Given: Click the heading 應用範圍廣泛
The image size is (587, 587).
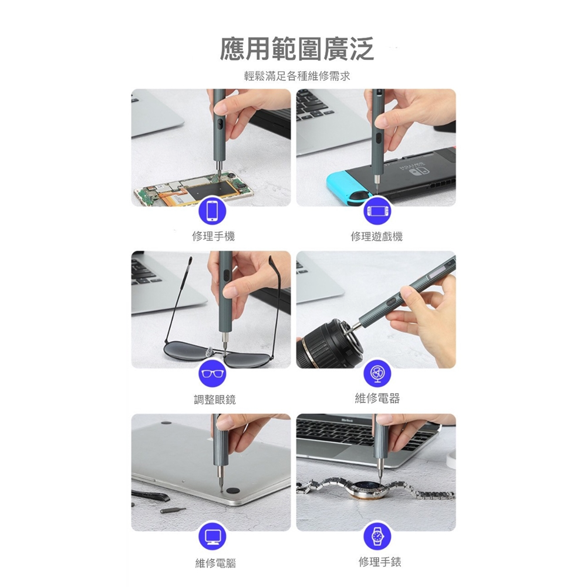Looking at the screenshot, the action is pyautogui.click(x=296, y=49).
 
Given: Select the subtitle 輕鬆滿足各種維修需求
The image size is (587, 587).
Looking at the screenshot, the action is pyautogui.click(x=297, y=76).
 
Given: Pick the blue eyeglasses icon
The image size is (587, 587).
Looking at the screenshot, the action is pyautogui.click(x=212, y=373).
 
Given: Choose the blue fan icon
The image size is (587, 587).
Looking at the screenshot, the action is pyautogui.click(x=377, y=373).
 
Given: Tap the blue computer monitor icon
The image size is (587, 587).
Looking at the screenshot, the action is pyautogui.click(x=212, y=536).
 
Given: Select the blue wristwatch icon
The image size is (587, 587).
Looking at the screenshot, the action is pyautogui.click(x=377, y=536).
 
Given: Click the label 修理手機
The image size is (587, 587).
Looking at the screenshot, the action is pyautogui.click(x=213, y=236).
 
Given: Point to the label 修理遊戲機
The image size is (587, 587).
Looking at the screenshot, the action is pyautogui.click(x=377, y=236).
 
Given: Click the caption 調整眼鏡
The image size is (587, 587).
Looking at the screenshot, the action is pyautogui.click(x=215, y=399).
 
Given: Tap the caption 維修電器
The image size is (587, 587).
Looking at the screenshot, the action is pyautogui.click(x=377, y=398).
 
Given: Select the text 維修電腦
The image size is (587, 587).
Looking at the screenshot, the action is pyautogui.click(x=215, y=563).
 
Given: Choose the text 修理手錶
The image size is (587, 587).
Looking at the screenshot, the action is pyautogui.click(x=380, y=562).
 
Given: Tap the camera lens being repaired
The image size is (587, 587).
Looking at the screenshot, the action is pyautogui.click(x=329, y=343).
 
